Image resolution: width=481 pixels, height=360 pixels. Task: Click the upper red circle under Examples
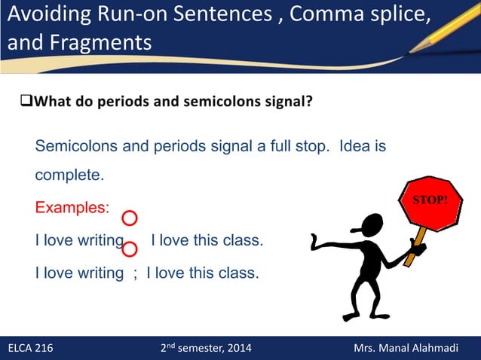coord(129,218)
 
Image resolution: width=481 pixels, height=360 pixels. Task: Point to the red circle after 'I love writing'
coord(129,249)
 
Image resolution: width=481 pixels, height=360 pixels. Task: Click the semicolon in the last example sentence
coord(135,273)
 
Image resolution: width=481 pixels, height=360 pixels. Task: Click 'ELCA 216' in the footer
coord(30,348)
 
